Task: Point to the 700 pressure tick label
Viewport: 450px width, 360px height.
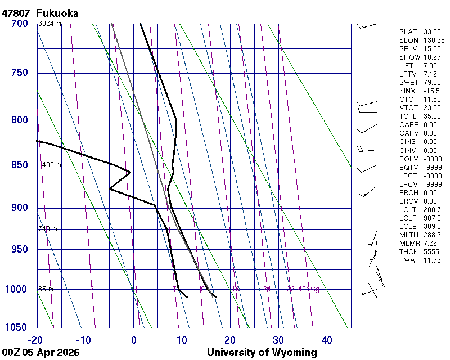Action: click(19, 24)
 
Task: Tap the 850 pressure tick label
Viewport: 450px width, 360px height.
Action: click(19, 165)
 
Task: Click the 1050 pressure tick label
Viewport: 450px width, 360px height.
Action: click(17, 328)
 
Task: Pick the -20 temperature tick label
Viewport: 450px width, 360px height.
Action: click(35, 340)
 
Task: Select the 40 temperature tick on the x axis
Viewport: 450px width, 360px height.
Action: click(327, 340)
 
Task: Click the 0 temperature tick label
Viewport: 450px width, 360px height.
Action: click(134, 340)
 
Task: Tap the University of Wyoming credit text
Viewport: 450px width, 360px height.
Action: click(262, 353)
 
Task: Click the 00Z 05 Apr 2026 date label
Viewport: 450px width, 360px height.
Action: click(40, 353)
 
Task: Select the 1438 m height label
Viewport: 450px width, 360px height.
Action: click(49, 165)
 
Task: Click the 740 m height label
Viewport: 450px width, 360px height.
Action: click(47, 229)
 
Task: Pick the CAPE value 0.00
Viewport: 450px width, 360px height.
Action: click(430, 124)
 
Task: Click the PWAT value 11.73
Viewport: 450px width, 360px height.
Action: click(431, 260)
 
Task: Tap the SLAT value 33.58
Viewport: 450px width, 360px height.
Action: click(431, 31)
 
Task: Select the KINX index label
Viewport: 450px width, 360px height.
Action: click(407, 91)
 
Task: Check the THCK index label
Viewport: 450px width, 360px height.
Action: click(408, 251)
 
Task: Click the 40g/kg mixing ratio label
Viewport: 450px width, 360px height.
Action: click(309, 289)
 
